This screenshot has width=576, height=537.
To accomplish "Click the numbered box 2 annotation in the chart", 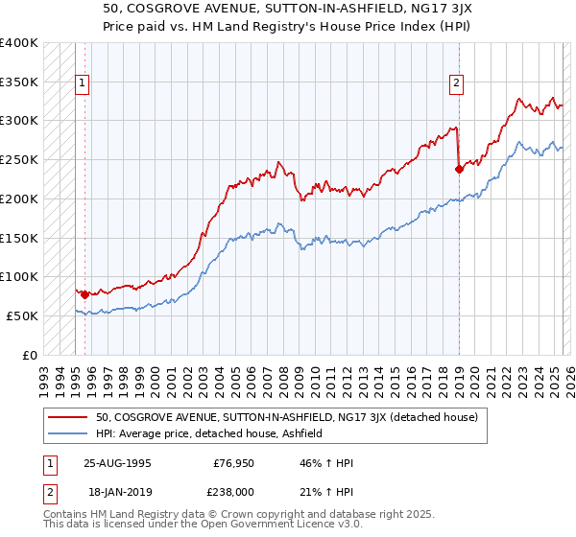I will (x=456, y=83).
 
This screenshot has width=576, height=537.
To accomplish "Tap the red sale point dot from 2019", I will (x=459, y=169).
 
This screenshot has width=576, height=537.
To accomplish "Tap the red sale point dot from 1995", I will (x=84, y=294).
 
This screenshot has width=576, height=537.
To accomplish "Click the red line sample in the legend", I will (x=69, y=417).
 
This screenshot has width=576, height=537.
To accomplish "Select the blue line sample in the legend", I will (x=69, y=433).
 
